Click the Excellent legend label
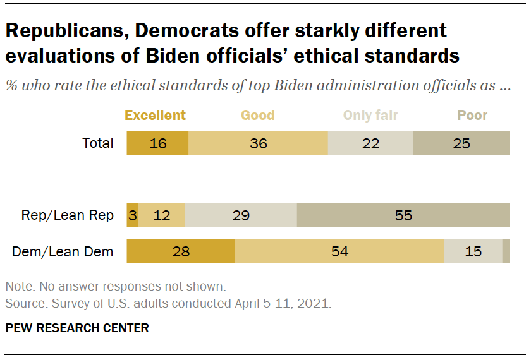[155, 115]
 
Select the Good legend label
[257, 115]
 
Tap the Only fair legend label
[370, 115]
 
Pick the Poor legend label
[472, 115]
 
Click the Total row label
[98, 143]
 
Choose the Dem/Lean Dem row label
[63, 252]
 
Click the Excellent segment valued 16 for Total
[157, 143]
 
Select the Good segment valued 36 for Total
[258, 143]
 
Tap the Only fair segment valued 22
[370, 143]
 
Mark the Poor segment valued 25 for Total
[461, 143]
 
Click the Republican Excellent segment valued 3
[133, 215]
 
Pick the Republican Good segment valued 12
[162, 215]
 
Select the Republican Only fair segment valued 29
[241, 215]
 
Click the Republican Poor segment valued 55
[403, 215]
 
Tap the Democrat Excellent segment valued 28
[181, 252]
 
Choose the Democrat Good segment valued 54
[339, 252]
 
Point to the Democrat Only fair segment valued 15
[473, 252]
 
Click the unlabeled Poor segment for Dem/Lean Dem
[506, 252]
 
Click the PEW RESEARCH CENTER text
[77, 328]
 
